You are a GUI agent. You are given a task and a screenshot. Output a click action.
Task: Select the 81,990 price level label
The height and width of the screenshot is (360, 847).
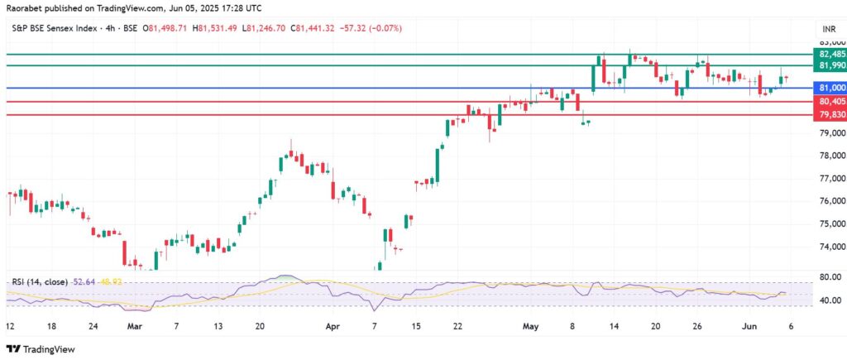[x=830, y=65]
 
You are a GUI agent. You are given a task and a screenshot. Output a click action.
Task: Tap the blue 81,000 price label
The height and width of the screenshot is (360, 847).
[x=830, y=88]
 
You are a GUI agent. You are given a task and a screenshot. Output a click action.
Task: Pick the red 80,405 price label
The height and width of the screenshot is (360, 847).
[x=830, y=102]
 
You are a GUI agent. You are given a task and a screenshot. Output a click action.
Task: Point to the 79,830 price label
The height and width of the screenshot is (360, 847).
[x=830, y=115]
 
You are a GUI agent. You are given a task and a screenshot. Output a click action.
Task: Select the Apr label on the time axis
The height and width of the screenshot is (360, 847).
[x=333, y=326]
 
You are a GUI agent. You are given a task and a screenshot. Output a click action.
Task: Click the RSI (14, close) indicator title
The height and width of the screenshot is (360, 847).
[x=41, y=281]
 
